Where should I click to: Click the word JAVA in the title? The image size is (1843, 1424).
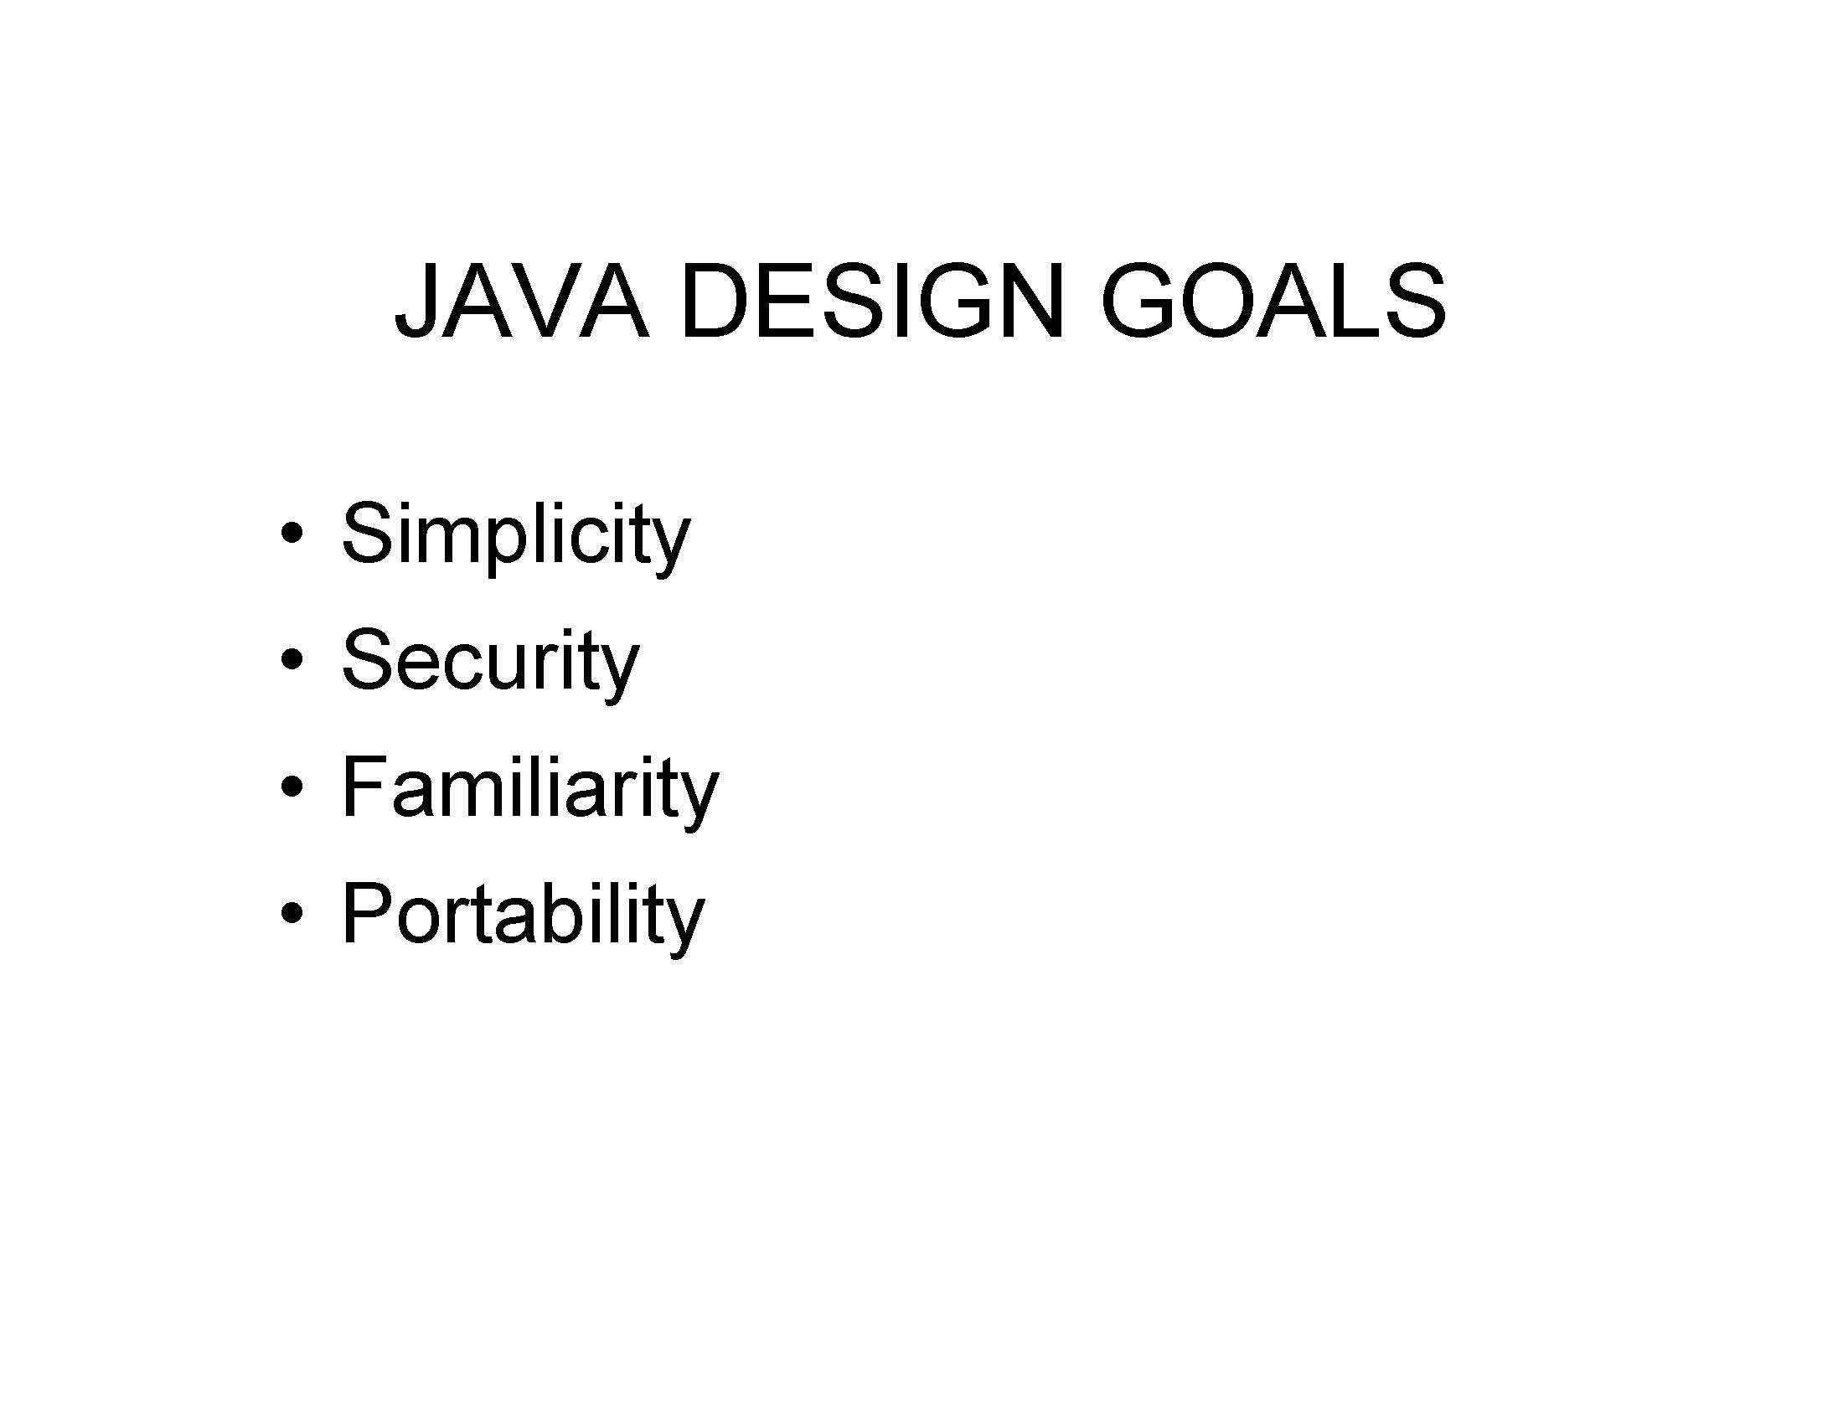coord(522,302)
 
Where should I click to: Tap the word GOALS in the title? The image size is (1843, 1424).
coord(1273,302)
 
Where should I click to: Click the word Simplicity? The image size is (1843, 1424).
coord(515,535)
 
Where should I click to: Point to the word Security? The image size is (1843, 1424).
coord(489,662)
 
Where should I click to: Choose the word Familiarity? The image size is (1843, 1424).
coord(529,788)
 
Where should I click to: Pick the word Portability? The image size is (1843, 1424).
coord(523,915)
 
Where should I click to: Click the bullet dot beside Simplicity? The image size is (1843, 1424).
coord(292,535)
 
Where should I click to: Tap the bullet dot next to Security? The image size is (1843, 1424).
coord(292,661)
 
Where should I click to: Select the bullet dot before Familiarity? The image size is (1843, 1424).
coord(292,787)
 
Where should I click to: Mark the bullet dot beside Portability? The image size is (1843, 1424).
coord(292,914)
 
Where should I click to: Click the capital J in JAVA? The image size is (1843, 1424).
coord(418,302)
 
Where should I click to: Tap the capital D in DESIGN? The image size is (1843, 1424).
coord(716,302)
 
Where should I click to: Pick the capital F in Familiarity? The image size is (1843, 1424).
coord(364,787)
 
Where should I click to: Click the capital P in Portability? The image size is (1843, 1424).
coord(367,913)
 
